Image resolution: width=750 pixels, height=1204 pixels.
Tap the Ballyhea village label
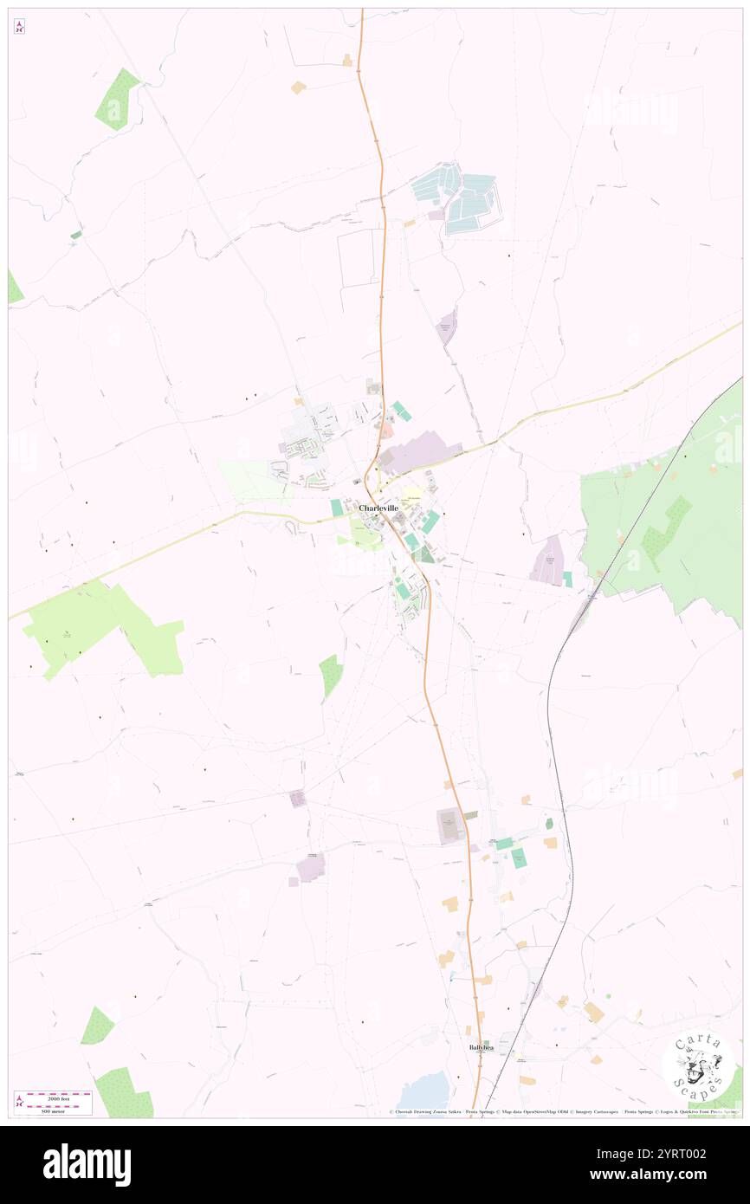(x=477, y=1046)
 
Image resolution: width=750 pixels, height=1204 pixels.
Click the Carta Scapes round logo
(x=698, y=1066)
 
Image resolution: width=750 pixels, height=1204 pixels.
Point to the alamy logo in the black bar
(x=87, y=1165)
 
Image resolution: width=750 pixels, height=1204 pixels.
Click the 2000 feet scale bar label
(x=58, y=1095)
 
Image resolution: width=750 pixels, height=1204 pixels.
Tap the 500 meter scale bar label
(x=53, y=1110)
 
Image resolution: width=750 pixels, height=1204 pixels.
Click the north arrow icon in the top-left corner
(x=19, y=27)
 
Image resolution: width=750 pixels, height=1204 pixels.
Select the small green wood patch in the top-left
(x=118, y=100)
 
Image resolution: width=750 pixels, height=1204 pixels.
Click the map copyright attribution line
(x=563, y=1111)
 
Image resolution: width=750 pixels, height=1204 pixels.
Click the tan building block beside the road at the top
(x=298, y=87)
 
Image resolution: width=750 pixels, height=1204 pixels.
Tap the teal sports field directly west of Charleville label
(x=336, y=508)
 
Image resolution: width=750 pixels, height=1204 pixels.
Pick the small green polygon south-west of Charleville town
(x=330, y=675)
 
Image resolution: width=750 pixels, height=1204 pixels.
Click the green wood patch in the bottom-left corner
(x=124, y=1093)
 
